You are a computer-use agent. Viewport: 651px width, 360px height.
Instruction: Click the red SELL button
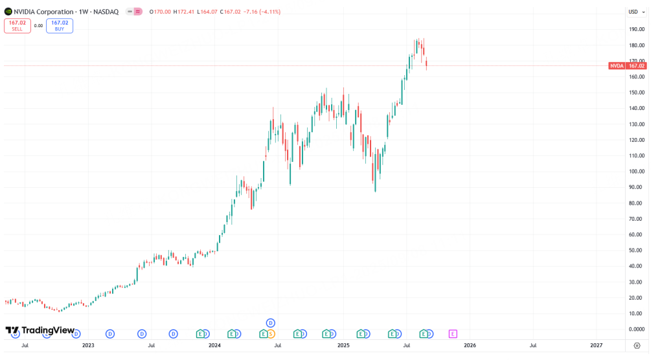pos(17,25)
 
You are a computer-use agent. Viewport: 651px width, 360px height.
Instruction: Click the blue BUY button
pos(59,25)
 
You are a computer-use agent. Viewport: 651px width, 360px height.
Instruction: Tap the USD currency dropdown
pos(634,12)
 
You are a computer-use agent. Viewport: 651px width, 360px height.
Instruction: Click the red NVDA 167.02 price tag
pos(628,66)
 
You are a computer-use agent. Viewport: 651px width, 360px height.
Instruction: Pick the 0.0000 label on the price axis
pos(635,330)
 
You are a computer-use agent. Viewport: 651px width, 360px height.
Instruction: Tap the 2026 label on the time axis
pos(470,346)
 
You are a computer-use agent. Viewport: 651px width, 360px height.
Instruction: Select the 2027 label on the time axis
pos(596,346)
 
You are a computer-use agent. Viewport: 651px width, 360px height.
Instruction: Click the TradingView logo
pos(40,330)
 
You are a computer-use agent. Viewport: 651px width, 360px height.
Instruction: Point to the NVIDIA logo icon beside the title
pos(8,12)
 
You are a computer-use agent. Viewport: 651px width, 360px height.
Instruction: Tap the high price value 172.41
pos(185,12)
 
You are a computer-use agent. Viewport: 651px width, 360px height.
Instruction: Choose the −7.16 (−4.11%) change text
pos(258,12)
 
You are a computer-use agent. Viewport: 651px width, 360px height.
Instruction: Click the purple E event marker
pos(453,333)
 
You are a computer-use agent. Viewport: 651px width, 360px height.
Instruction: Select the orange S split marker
pos(271,333)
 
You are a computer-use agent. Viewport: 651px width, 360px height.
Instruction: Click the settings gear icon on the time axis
pos(637,346)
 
